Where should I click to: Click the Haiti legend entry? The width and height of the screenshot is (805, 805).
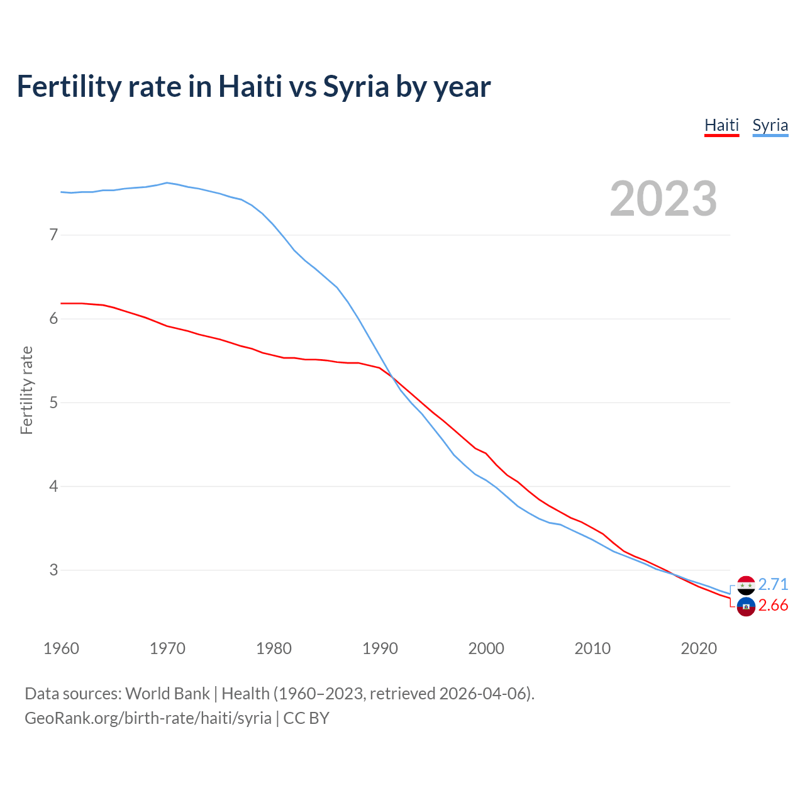pos(721,125)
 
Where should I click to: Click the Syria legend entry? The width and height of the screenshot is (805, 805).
pos(770,125)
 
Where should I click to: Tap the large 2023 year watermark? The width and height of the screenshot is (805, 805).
pos(663,199)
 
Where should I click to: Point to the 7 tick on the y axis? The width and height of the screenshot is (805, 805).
pos(53,235)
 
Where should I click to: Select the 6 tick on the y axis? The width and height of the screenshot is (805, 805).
pos(53,319)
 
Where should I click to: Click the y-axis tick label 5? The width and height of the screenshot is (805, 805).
pos(53,402)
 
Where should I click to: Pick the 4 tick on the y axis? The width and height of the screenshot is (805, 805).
pos(53,486)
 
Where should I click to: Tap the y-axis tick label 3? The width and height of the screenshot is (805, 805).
pos(53,570)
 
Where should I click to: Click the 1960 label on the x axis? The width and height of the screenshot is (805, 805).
pos(61,648)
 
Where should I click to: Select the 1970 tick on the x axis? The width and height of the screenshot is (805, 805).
pos(167,648)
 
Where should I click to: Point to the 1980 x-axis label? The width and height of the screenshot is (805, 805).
pos(274,648)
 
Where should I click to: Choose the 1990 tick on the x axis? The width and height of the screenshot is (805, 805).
pos(380,648)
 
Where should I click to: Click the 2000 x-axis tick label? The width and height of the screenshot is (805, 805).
pos(486,648)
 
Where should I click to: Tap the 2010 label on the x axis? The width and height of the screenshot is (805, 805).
pos(592,648)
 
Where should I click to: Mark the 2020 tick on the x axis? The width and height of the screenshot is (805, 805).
pos(699,648)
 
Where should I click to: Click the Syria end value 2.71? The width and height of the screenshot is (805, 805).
pos(773,584)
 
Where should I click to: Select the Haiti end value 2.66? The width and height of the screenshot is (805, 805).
pos(773,605)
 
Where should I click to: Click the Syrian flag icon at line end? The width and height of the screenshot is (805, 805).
pos(746,586)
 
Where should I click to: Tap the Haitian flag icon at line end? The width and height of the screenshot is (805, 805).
pos(746,607)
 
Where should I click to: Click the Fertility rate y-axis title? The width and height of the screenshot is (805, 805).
pos(26,390)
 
